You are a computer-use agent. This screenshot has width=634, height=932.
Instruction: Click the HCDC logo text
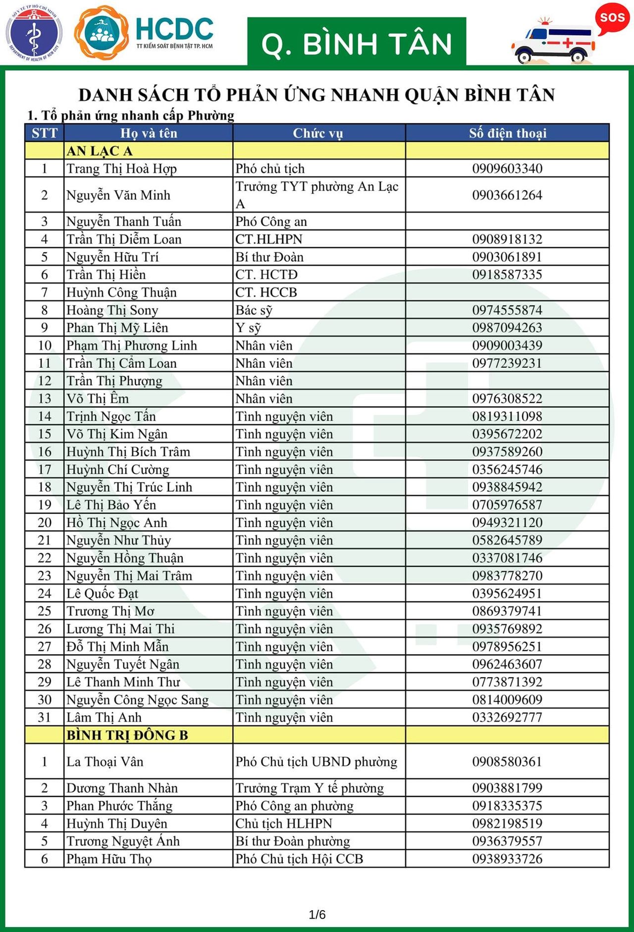tap(174, 30)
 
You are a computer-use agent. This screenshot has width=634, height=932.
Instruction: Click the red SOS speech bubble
tap(612, 18)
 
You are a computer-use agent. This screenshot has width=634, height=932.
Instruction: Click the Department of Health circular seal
tap(34, 33)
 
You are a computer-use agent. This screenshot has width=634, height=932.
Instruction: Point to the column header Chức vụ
tap(318, 133)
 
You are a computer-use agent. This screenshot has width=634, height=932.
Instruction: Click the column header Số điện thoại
tap(508, 133)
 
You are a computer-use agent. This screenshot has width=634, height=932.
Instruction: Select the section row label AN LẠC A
tap(100, 151)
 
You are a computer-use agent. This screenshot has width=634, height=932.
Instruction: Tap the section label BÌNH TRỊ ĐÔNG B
tap(127, 735)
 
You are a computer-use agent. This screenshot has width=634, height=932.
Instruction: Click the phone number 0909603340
tap(507, 168)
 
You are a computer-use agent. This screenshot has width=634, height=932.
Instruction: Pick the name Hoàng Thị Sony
tap(112, 310)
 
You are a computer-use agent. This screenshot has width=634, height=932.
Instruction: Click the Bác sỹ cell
tap(254, 310)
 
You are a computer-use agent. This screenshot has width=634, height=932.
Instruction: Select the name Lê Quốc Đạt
tap(103, 593)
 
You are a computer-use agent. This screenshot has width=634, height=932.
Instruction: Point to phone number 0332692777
tap(507, 717)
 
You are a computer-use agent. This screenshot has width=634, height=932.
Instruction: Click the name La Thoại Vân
tap(105, 761)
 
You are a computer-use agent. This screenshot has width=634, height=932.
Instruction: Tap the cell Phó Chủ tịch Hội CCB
tap(299, 859)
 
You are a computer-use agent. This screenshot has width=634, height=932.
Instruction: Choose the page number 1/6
tap(317, 915)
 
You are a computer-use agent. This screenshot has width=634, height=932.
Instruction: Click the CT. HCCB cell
tap(266, 293)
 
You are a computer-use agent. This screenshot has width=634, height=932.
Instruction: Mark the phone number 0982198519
tap(507, 823)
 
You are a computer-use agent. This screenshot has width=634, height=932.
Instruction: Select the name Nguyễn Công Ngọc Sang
tap(138, 700)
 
